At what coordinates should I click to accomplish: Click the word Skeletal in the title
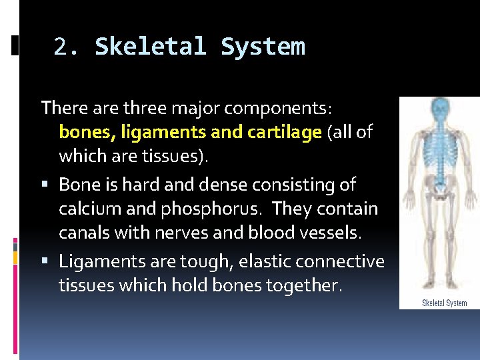click(x=151, y=47)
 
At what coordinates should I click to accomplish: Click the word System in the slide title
click(x=263, y=47)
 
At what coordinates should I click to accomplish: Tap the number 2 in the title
click(x=61, y=47)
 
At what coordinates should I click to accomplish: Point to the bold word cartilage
click(x=284, y=132)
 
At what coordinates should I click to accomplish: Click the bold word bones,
click(x=87, y=132)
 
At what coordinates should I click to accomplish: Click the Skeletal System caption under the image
click(x=444, y=303)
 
